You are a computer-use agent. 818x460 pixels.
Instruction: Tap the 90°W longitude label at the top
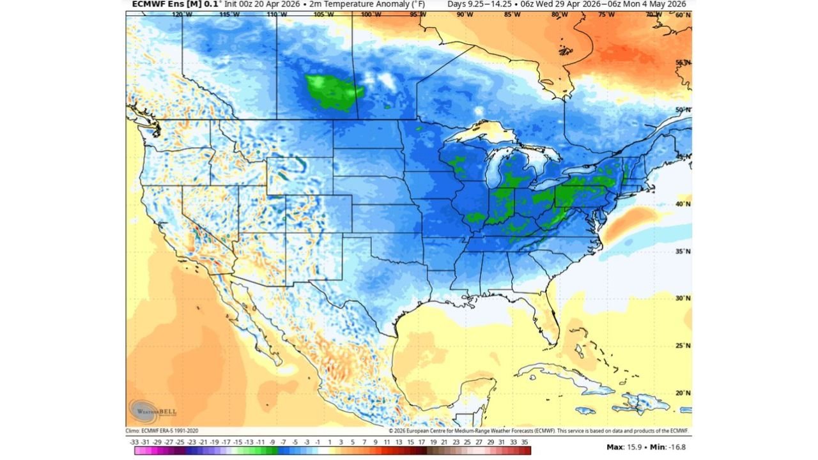click(x=465, y=14)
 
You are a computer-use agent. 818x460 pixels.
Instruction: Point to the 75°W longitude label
click(x=606, y=14)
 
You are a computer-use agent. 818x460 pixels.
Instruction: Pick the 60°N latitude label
click(x=683, y=15)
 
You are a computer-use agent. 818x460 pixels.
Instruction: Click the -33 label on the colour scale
click(x=135, y=441)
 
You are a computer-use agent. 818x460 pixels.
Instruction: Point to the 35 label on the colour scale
click(x=525, y=441)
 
